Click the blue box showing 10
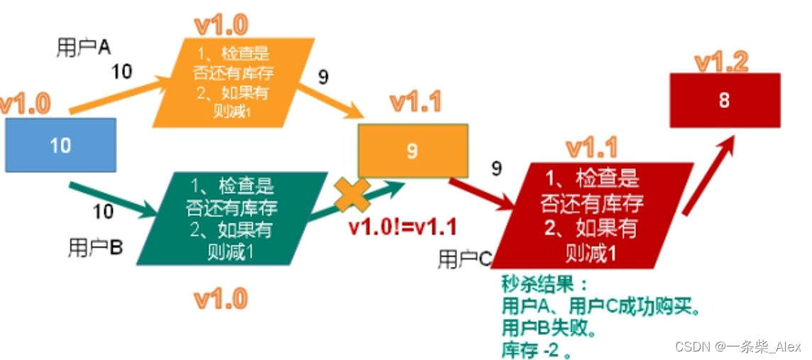point(60,146)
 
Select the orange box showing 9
point(412,151)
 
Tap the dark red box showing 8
point(725,100)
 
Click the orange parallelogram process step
point(234,82)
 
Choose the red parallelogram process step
point(593,213)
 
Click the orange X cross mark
point(353,194)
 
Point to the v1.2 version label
point(721,62)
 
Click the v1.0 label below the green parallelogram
point(221,299)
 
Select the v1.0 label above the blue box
point(26,103)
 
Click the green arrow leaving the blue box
point(114,198)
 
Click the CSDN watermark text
point(737,347)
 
